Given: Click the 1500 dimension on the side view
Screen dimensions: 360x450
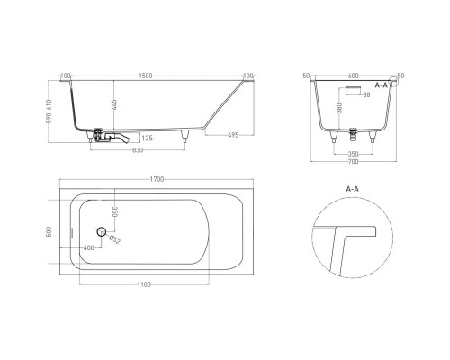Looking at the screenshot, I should [158, 76].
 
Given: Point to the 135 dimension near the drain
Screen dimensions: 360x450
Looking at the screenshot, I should [147, 139].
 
